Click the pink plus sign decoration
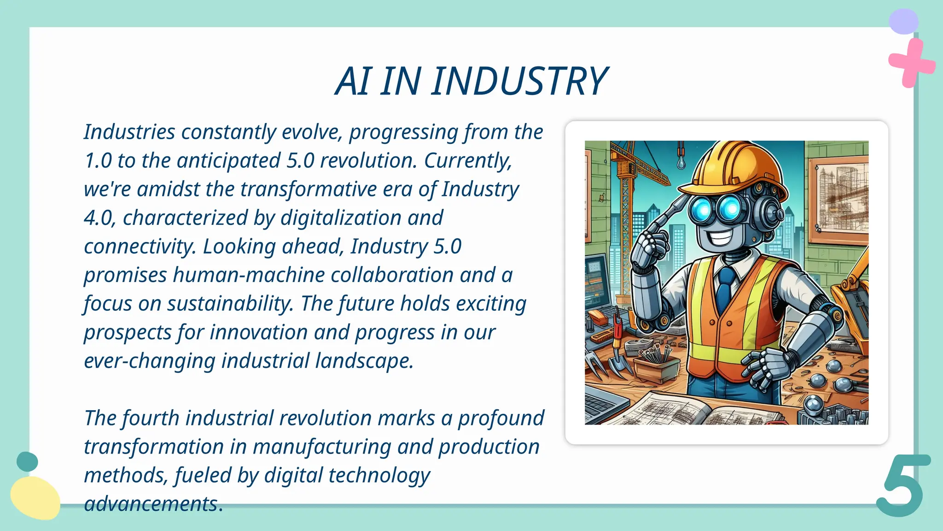[x=910, y=63]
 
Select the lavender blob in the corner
[x=903, y=21]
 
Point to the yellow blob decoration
[x=35, y=498]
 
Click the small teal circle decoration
[x=27, y=461]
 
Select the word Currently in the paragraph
[x=467, y=161]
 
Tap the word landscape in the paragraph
[x=364, y=361]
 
